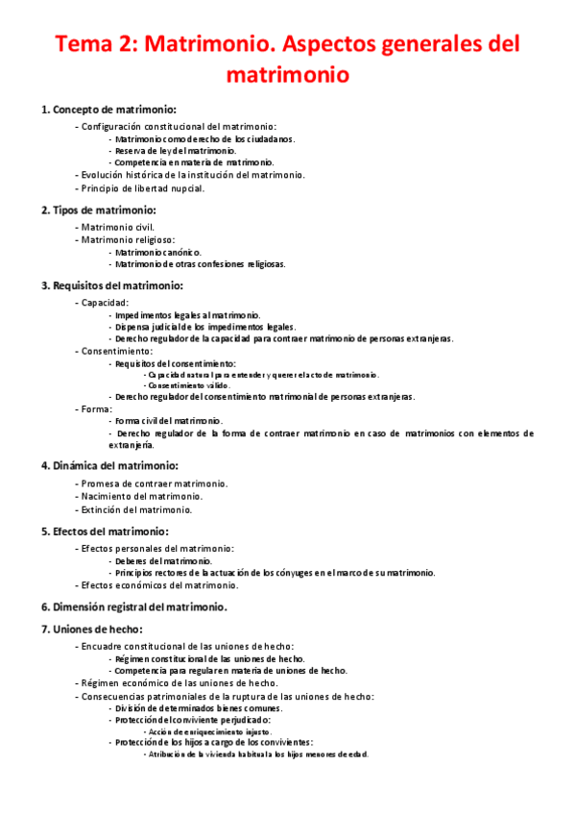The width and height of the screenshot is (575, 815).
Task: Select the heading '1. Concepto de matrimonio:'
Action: click(108, 110)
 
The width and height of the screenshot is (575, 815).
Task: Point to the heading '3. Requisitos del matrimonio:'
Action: click(111, 285)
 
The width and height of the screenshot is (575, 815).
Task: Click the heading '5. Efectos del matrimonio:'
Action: click(105, 531)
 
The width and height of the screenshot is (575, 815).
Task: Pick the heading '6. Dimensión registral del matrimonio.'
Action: click(133, 606)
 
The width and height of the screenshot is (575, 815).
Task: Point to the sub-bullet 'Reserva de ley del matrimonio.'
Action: click(175, 151)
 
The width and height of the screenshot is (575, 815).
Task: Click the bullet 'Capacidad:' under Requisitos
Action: click(108, 303)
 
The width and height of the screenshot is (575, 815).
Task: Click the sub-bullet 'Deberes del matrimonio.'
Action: click(162, 560)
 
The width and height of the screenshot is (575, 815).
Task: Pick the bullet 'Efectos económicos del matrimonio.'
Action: click(159, 584)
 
